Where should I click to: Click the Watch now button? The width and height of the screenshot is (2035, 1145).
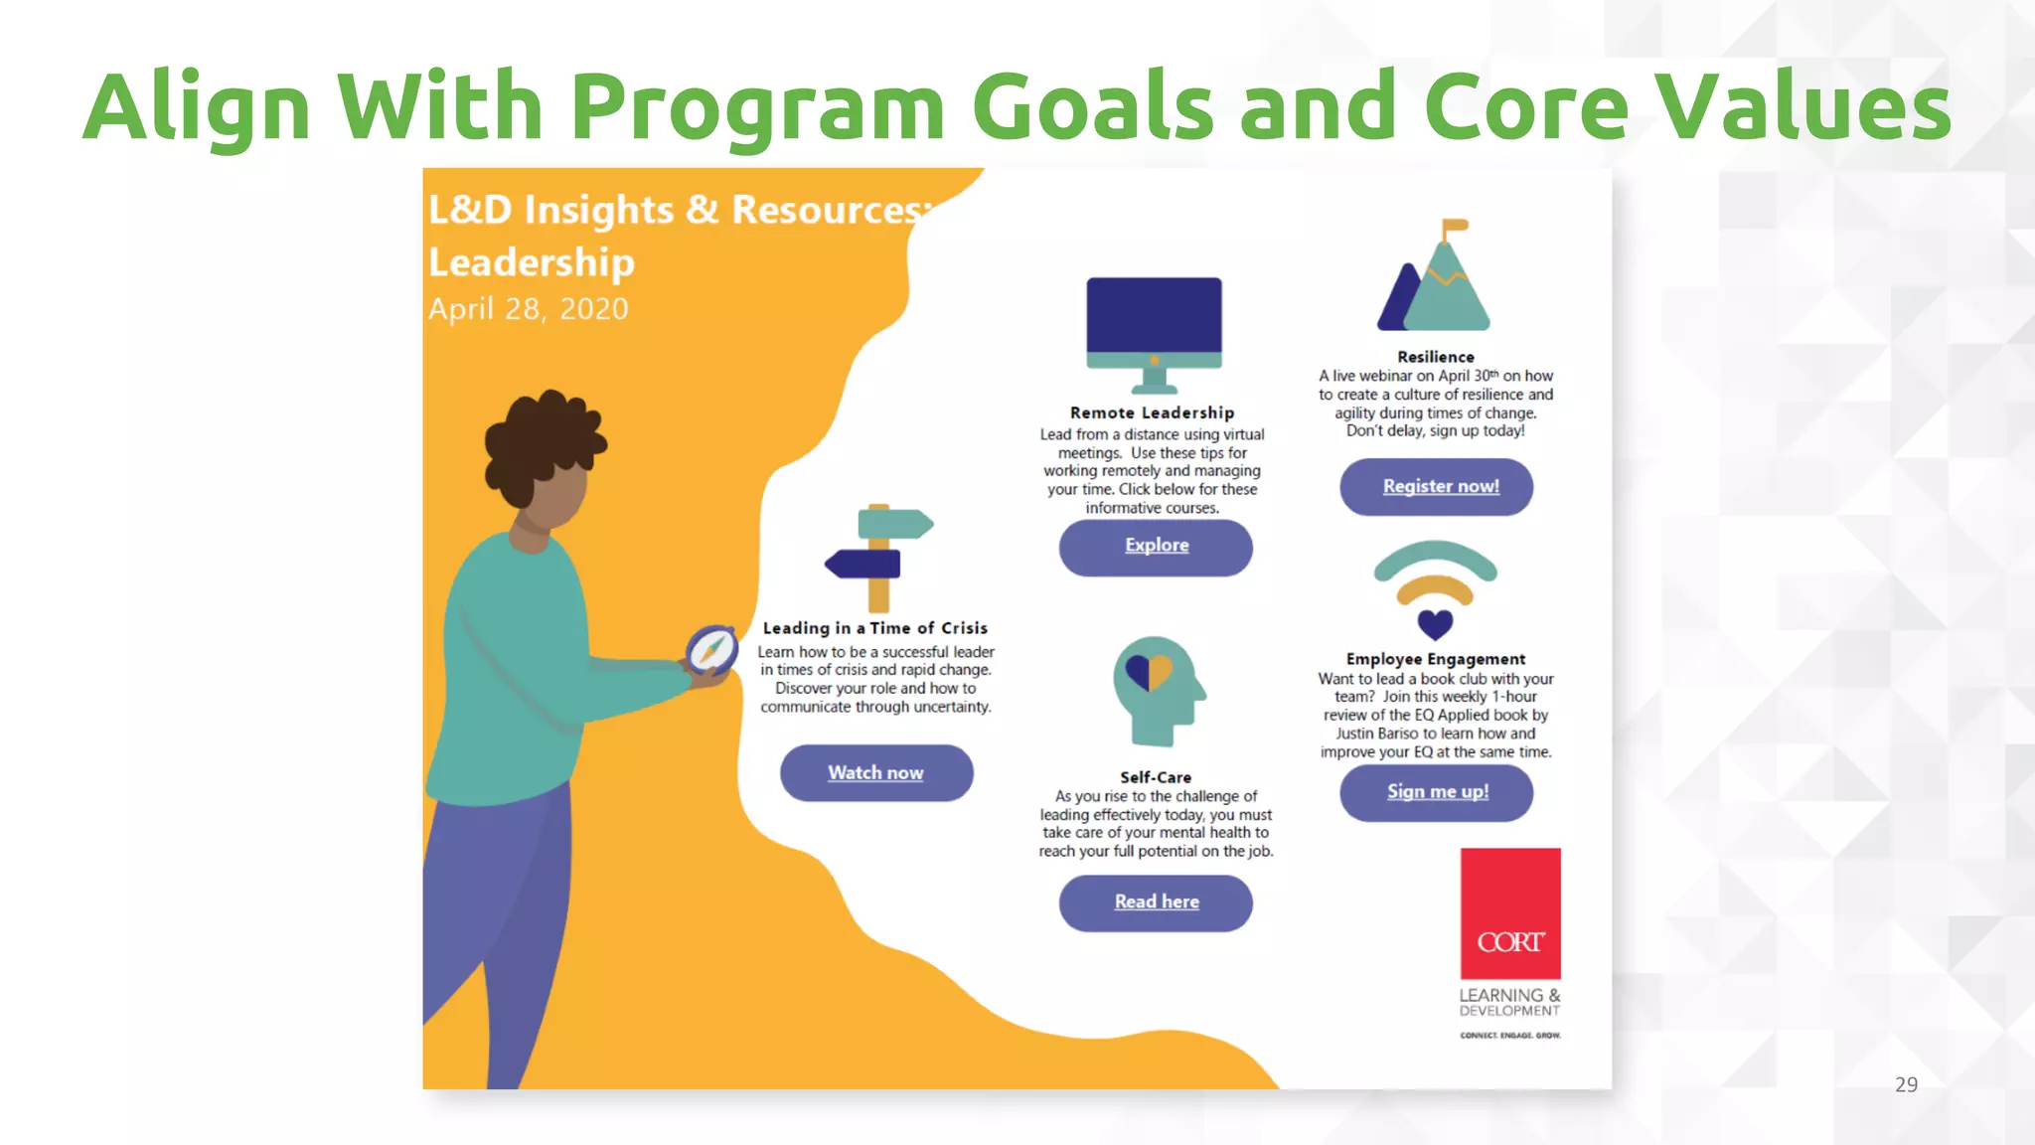pos(875,773)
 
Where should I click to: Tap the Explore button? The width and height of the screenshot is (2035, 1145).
pos(1156,546)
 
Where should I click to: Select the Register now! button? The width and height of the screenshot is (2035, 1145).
pos(1437,486)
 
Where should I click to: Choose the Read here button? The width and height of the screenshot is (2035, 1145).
pos(1156,901)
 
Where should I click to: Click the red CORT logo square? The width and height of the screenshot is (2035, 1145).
pos(1509,912)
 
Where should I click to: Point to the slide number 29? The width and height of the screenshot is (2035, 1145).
pos(1905,1084)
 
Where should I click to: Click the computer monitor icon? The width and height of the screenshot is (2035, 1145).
pos(1154,332)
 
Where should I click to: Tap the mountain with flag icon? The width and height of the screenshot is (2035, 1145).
pos(1436,280)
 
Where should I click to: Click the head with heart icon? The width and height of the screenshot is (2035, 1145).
pos(1156,690)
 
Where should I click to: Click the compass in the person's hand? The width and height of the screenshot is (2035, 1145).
pos(711,650)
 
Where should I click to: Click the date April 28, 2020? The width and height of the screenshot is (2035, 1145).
pos(528,309)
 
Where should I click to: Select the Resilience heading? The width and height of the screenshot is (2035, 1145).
pos(1435,357)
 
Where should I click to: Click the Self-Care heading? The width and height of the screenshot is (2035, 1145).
pos(1155,777)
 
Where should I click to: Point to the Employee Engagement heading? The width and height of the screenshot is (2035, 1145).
pos(1435,659)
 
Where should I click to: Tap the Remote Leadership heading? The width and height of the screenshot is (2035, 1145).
pos(1152,412)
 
